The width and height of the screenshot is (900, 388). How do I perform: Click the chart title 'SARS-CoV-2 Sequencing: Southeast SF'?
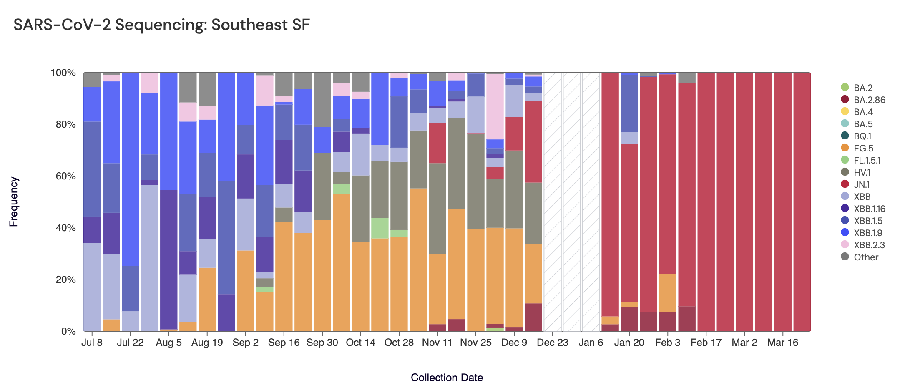point(161,25)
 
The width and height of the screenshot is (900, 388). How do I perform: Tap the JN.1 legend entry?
point(862,184)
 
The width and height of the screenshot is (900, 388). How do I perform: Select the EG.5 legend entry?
point(863,148)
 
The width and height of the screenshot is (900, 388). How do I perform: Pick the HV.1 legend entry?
point(862,172)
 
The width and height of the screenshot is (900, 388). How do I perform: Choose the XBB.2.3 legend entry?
point(869,245)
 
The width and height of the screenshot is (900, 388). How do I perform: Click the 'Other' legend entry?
point(866,257)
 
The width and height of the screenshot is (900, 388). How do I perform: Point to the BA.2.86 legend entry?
point(869,100)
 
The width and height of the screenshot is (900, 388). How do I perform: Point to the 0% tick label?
point(68,331)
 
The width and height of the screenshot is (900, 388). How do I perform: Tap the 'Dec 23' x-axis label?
point(552,343)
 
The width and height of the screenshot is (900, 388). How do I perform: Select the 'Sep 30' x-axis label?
point(322,343)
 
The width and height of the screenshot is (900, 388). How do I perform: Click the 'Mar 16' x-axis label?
point(782,343)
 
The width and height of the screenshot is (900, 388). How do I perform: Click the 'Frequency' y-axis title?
point(14,202)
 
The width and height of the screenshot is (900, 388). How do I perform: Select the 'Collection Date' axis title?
point(447,378)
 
